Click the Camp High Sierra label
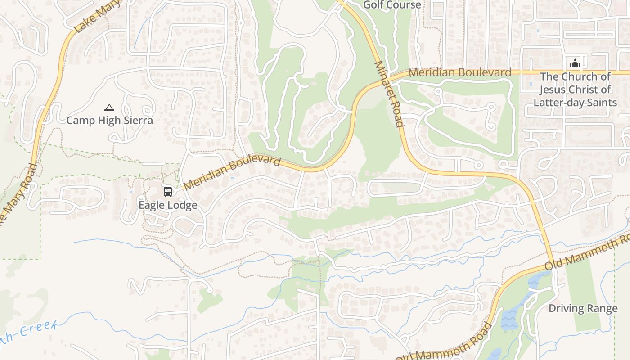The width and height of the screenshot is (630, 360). pyautogui.click(x=109, y=121)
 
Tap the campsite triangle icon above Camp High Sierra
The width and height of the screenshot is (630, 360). pyautogui.click(x=109, y=108)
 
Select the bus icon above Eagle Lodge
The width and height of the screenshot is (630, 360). pyautogui.click(x=168, y=192)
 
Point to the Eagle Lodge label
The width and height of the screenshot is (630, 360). pyautogui.click(x=168, y=205)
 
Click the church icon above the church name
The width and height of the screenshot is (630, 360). pyautogui.click(x=575, y=63)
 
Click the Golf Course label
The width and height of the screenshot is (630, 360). pyautogui.click(x=392, y=5)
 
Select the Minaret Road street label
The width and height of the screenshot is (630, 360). pyautogui.click(x=388, y=94)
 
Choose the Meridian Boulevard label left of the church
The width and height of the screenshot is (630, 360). pyautogui.click(x=460, y=72)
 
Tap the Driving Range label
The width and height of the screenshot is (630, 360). pyautogui.click(x=583, y=309)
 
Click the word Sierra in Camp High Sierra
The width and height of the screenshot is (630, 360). pyautogui.click(x=137, y=121)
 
